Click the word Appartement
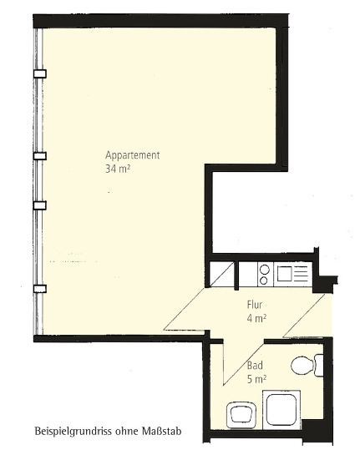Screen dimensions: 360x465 click(x=132, y=155)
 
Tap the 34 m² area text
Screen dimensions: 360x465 click(x=118, y=169)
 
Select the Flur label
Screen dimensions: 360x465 click(x=255, y=305)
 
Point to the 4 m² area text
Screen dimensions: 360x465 click(x=256, y=318)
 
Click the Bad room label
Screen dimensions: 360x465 click(x=255, y=366)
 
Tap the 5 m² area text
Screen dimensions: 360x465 click(x=256, y=379)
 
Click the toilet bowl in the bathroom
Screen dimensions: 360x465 click(x=302, y=365)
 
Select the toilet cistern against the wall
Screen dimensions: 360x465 click(x=319, y=365)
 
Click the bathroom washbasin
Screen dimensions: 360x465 click(x=241, y=415)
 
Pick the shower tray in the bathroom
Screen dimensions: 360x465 click(x=281, y=410)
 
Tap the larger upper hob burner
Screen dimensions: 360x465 click(x=264, y=270)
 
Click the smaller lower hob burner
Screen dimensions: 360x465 click(x=264, y=281)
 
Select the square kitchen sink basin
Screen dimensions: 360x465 click(x=286, y=274)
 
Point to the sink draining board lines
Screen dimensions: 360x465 click(x=302, y=274)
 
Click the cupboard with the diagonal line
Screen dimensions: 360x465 click(x=221, y=275)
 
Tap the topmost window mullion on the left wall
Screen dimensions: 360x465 click(x=40, y=73)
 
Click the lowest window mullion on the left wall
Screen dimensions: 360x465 click(x=40, y=289)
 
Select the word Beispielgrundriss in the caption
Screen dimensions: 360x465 click(x=70, y=432)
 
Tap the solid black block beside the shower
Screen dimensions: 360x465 click(x=312, y=428)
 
